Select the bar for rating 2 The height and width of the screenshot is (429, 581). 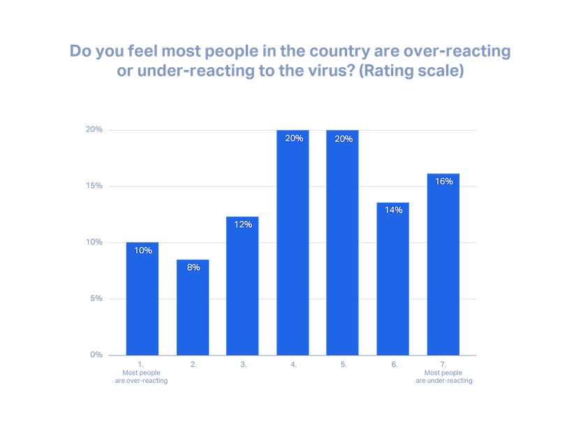tap(192, 307)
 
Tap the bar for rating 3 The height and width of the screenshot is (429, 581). tap(242, 286)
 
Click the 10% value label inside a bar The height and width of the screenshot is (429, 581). tap(142, 251)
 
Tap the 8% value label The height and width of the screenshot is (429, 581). tap(193, 268)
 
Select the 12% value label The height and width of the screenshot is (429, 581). tap(243, 225)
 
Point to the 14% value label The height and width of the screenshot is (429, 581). tap(393, 210)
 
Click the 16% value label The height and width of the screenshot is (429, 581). tap(443, 181)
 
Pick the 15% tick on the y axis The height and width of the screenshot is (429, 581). tap(94, 186)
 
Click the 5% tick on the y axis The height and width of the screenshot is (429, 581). tap(96, 299)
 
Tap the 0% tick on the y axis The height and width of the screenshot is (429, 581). tap(96, 355)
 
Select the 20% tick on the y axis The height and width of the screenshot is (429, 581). tap(94, 129)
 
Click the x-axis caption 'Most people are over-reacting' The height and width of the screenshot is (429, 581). tap(142, 377)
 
